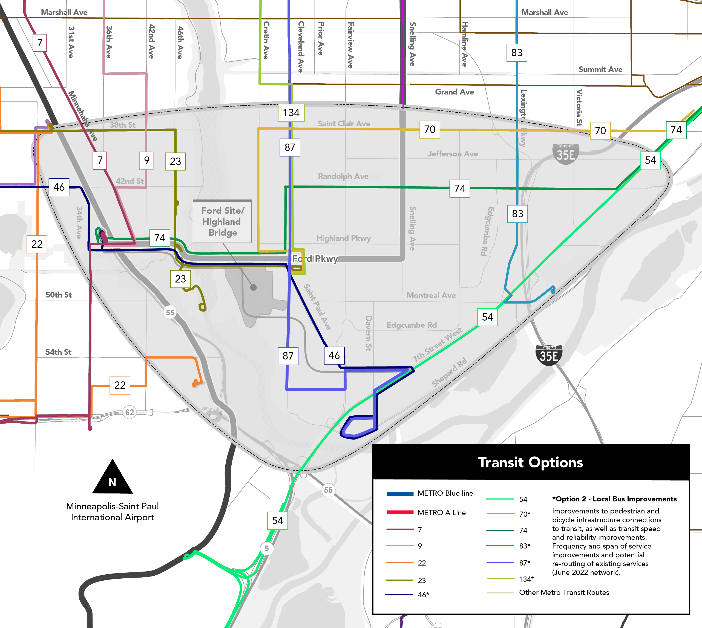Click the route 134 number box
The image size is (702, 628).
pos(291,113)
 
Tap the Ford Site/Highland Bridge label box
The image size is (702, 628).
pos(222,221)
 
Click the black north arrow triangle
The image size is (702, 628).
pos(113,478)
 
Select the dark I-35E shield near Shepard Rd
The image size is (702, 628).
pos(549,355)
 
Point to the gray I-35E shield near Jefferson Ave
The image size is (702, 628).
pos(565,154)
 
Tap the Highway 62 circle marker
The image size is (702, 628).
pos(129,412)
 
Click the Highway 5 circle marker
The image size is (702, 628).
pos(266,548)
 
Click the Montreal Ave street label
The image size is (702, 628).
pos(431,295)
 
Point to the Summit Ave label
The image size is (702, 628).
pos(600,69)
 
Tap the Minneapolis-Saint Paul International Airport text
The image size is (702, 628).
pos(113,512)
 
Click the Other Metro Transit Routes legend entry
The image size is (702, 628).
pos(564,592)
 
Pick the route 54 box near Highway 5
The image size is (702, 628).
pos(277,520)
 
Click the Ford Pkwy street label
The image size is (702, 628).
pos(315,259)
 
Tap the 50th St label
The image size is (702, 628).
pos(59,295)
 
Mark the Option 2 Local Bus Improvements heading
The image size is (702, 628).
pos(614,499)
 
